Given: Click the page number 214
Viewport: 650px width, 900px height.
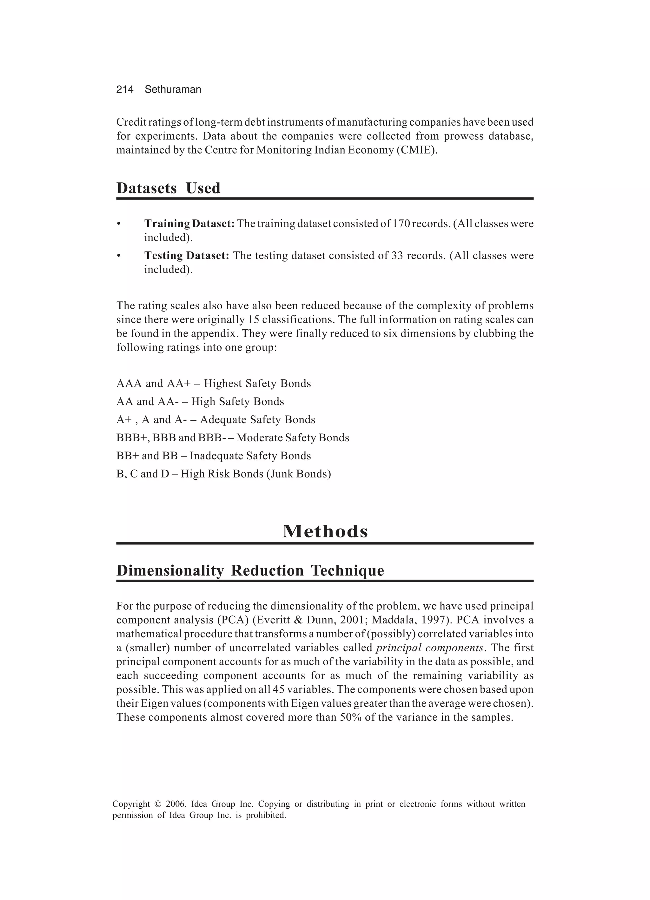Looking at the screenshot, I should [125, 90].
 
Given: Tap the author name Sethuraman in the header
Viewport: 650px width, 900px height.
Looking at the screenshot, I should [173, 90].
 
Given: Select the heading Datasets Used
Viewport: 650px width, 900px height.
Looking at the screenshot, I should [168, 188].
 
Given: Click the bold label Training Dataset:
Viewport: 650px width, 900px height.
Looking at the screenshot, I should [189, 224].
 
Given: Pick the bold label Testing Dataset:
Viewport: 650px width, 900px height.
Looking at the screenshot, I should [187, 256].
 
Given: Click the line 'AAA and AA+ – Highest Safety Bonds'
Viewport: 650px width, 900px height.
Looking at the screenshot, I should [214, 384].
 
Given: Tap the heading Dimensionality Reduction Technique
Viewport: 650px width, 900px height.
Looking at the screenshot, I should [250, 571].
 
